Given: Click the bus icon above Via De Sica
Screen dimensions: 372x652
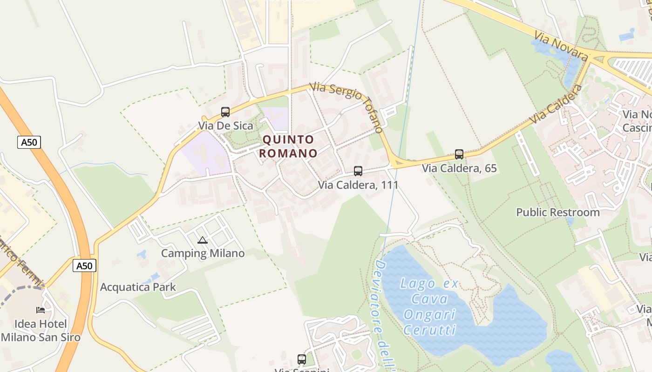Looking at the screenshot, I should click(x=225, y=112).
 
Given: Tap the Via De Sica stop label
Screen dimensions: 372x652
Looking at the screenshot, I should click(x=225, y=126).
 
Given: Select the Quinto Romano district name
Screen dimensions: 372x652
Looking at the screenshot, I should click(x=288, y=146).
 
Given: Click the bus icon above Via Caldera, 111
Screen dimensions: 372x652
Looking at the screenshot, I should click(x=358, y=171).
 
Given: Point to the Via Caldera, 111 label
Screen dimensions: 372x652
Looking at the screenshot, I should click(x=358, y=185).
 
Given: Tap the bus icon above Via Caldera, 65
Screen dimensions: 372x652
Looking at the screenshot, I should click(x=459, y=154).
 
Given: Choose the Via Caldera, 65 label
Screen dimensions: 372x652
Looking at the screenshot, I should click(x=459, y=168).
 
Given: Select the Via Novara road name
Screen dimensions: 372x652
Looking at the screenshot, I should click(x=561, y=46).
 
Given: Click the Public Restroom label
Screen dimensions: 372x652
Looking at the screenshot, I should click(x=558, y=213).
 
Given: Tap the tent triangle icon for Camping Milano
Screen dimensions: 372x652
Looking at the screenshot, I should click(x=202, y=240).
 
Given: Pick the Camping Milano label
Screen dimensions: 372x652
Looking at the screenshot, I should click(x=203, y=253).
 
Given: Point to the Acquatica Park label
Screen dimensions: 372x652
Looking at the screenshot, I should click(x=138, y=287).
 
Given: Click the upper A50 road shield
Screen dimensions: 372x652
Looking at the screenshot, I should click(x=29, y=142).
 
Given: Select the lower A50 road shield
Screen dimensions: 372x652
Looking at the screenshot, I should click(x=84, y=266).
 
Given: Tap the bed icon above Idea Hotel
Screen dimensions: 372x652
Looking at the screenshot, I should click(x=41, y=310).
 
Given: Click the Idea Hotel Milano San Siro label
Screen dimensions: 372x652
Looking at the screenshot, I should click(x=41, y=331).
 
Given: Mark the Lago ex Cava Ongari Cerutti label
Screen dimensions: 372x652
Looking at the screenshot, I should click(x=429, y=306).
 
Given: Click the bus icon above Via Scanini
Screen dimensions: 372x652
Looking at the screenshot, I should click(x=302, y=359).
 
